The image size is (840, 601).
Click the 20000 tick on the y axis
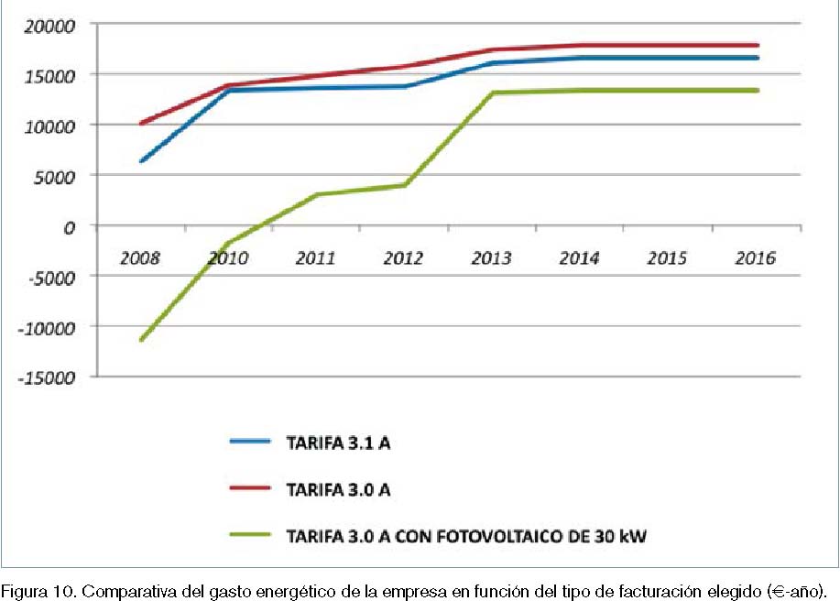tap(49, 25)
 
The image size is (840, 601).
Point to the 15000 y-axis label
tap(49, 74)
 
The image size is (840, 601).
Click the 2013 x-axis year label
tap(491, 258)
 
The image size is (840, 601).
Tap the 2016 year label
tap(755, 258)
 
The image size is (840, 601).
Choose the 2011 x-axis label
tap(315, 258)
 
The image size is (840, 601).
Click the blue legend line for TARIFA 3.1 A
tap(250, 442)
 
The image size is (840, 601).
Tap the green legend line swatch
tap(250, 536)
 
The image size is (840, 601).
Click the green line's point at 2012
tap(403, 185)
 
